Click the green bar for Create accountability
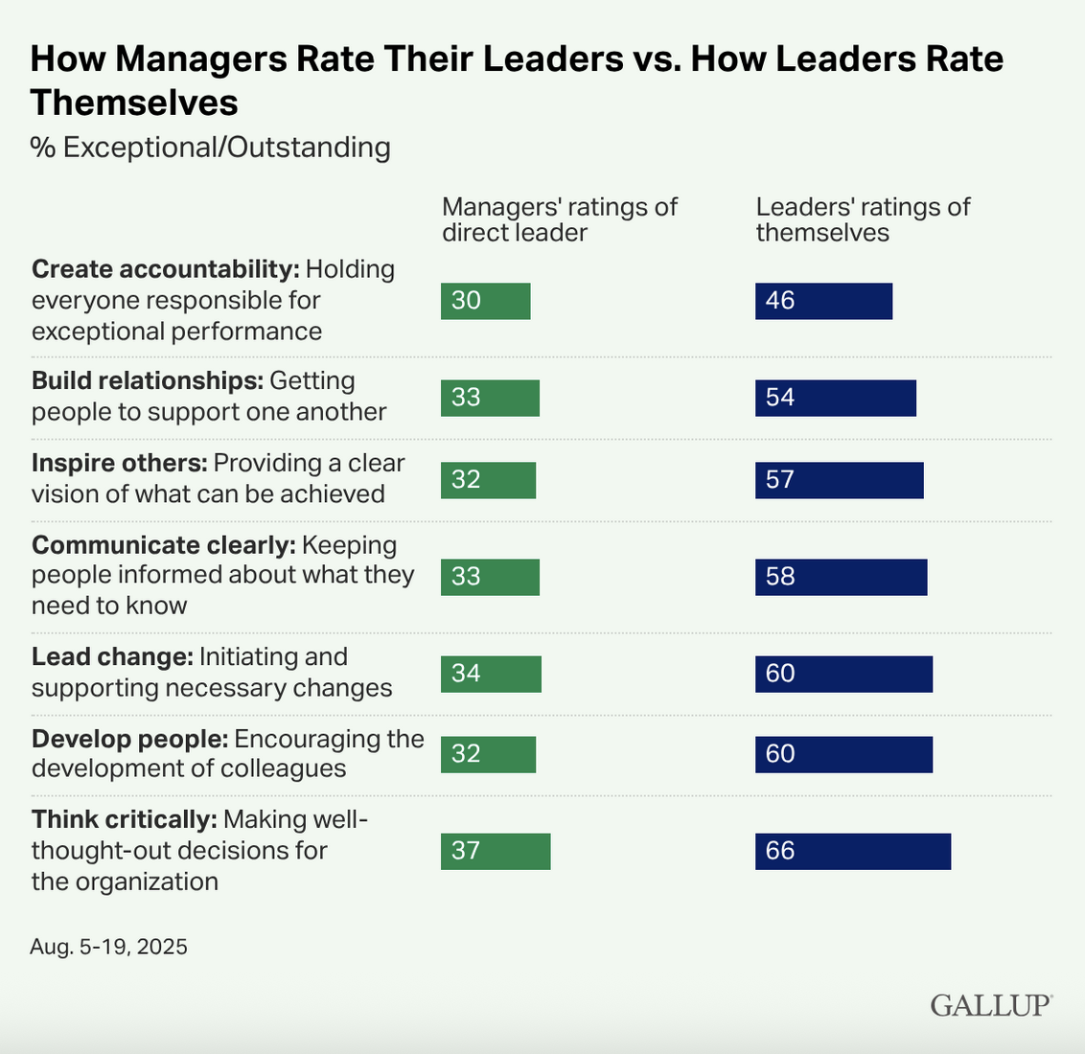[485, 301]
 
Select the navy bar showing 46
[823, 301]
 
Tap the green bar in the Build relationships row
[490, 398]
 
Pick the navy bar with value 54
[835, 398]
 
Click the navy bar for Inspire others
[839, 480]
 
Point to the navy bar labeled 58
[841, 577]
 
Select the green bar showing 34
[491, 674]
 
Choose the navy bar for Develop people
[843, 754]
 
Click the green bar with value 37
[496, 851]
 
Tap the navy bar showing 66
[853, 851]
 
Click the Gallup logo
[991, 1005]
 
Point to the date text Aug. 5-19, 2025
[109, 948]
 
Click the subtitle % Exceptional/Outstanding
[211, 148]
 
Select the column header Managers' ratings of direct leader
[559, 219]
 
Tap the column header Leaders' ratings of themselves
[863, 219]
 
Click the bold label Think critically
[124, 820]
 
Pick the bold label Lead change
[112, 657]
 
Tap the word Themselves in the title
[134, 102]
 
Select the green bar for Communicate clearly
[490, 577]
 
